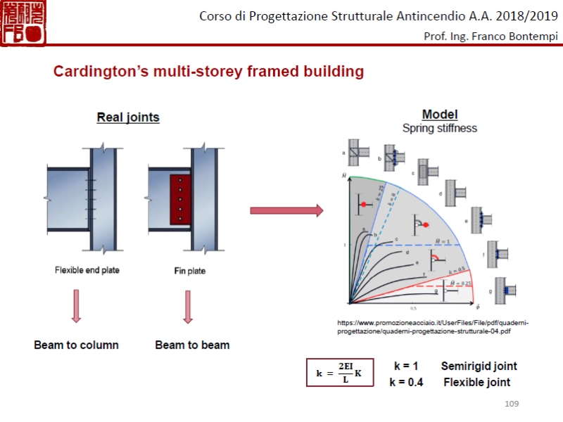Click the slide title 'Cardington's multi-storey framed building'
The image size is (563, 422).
pyautogui.click(x=209, y=72)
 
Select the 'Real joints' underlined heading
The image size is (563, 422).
pyautogui.click(x=128, y=117)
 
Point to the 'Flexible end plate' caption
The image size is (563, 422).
pyautogui.click(x=87, y=270)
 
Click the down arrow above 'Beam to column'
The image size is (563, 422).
pyautogui.click(x=76, y=306)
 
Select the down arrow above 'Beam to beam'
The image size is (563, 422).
pyautogui.click(x=188, y=306)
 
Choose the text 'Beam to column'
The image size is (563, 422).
pyautogui.click(x=76, y=345)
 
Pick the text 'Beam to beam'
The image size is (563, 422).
pyautogui.click(x=192, y=345)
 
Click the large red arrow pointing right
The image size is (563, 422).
pyautogui.click(x=286, y=210)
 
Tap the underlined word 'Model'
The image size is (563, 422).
pyautogui.click(x=440, y=115)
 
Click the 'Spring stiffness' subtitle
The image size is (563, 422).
pyautogui.click(x=440, y=128)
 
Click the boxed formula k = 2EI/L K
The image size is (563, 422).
pyautogui.click(x=339, y=373)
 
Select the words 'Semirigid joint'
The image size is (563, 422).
pyautogui.click(x=479, y=366)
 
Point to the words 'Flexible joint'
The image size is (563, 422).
pyautogui.click(x=476, y=383)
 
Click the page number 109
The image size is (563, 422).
pyautogui.click(x=512, y=403)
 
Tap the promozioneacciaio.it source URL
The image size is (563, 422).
pyautogui.click(x=433, y=326)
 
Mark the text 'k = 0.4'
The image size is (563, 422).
pyautogui.click(x=407, y=383)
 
